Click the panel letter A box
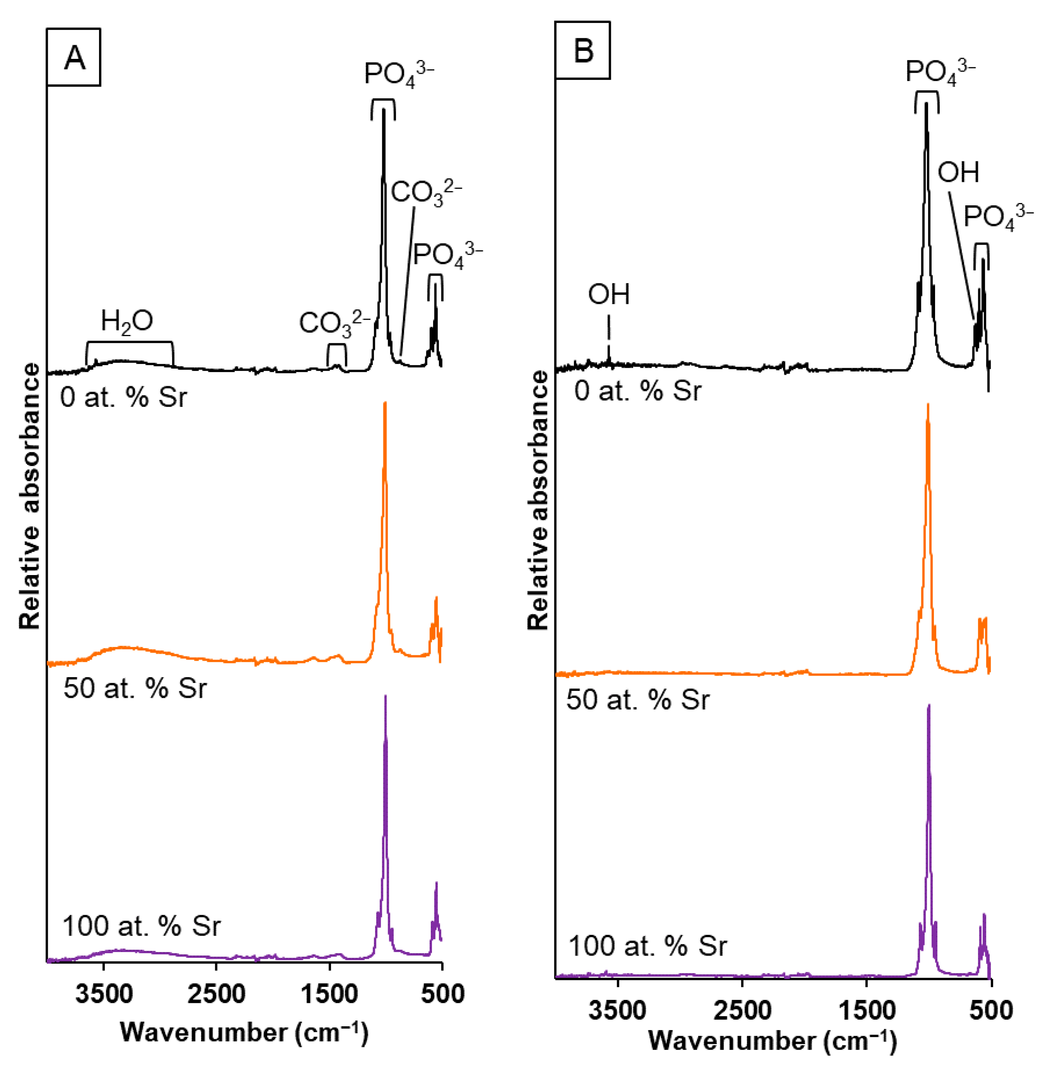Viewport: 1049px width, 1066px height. pos(74,57)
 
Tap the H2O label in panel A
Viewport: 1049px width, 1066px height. pos(127,321)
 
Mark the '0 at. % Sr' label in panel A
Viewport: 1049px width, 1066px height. pos(123,396)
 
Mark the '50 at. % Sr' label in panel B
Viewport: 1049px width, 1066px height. pos(638,700)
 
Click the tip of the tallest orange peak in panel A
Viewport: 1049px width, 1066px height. pos(385,404)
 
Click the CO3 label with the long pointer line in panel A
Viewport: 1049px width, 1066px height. pos(426,192)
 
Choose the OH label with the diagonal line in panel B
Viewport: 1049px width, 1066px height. pos(958,173)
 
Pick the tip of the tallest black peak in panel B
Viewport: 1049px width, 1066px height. pos(927,105)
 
